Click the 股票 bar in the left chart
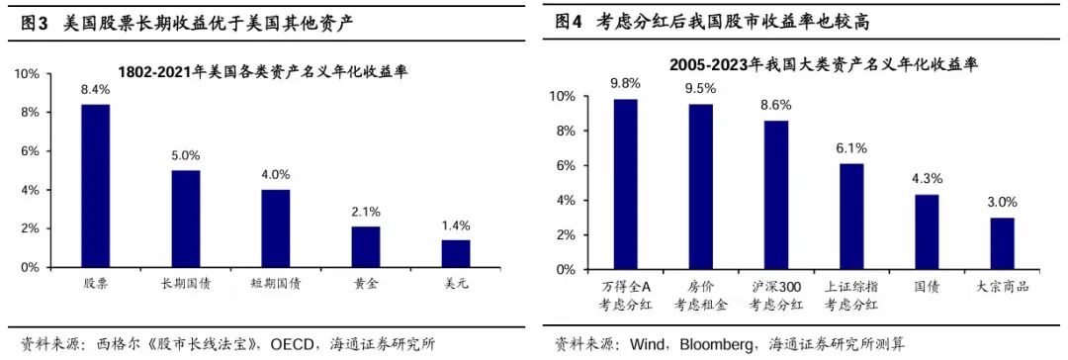point(95,186)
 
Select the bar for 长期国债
point(186,219)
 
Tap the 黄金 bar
point(366,247)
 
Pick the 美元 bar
point(456,254)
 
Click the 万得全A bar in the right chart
point(625,184)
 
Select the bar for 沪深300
point(775,195)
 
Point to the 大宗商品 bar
point(1002,243)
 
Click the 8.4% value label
point(95,90)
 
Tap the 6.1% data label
point(850,148)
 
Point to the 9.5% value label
point(700,89)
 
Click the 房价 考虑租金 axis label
point(700,295)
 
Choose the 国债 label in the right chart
point(927,287)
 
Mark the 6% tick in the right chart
point(562,165)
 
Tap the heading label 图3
point(34,21)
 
